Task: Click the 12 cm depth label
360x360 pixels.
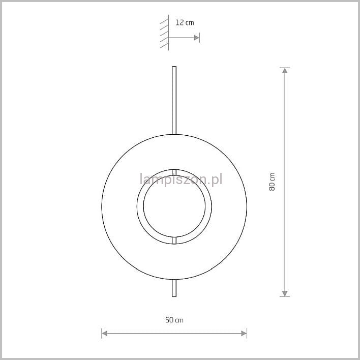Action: click(185, 22)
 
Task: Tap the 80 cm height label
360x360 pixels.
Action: click(272, 182)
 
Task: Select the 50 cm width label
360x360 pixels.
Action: click(174, 320)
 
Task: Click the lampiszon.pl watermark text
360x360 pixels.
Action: click(181, 179)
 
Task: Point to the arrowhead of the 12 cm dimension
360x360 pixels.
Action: click(197, 38)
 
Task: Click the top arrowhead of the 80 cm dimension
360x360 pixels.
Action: click(285, 71)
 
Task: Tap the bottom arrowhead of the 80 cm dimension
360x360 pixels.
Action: click(285, 294)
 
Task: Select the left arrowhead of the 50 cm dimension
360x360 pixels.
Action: click(104, 334)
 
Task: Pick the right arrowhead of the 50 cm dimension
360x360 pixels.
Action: click(244, 334)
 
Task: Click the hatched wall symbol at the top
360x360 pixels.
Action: click(164, 33)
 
